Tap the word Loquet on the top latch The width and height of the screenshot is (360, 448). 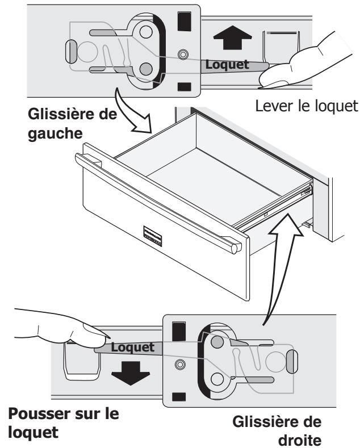pyautogui.click(x=227, y=65)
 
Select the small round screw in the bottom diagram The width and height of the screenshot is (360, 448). pyautogui.click(x=180, y=363)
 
